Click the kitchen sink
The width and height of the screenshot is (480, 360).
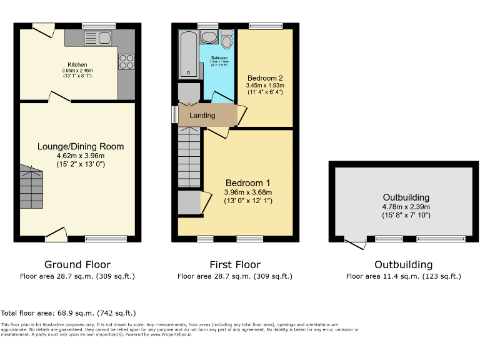(x=98, y=37)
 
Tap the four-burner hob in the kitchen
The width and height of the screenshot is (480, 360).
(x=126, y=61)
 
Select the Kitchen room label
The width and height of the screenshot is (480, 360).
(x=77, y=64)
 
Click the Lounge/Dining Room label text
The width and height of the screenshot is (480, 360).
(x=81, y=147)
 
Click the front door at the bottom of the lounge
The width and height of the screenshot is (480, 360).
(x=57, y=234)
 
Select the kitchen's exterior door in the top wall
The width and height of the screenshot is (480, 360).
(x=43, y=30)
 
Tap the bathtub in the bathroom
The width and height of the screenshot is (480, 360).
(x=188, y=55)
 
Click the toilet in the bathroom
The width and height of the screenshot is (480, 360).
(x=226, y=40)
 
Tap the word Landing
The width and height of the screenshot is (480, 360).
(x=202, y=116)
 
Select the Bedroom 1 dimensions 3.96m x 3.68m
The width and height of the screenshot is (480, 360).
(x=249, y=192)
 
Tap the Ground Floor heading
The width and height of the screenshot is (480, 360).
(x=77, y=265)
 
